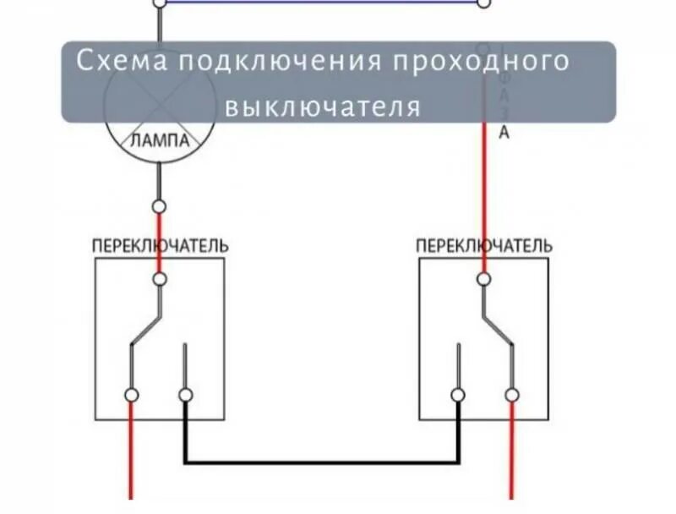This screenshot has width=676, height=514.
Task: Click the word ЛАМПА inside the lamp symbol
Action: pyautogui.click(x=159, y=142)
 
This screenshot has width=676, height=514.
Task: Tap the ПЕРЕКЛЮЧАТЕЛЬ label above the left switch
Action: pyautogui.click(x=160, y=245)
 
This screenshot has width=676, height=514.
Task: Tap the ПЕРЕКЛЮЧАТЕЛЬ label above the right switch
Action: pyautogui.click(x=484, y=245)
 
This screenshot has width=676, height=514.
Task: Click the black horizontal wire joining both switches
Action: pyautogui.click(x=322, y=462)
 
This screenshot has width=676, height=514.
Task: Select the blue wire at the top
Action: pyautogui.click(x=321, y=2)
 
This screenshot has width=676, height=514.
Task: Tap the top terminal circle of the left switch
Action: pyautogui.click(x=159, y=277)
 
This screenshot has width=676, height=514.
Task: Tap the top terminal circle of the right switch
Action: pyautogui.click(x=483, y=277)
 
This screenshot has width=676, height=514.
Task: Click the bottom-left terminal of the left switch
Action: pyautogui.click(x=131, y=395)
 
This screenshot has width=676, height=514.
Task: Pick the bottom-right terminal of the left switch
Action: pyautogui.click(x=186, y=395)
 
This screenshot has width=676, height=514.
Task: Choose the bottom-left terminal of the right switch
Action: pyautogui.click(x=457, y=395)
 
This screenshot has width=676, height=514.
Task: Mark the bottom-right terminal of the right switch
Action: pyautogui.click(x=511, y=395)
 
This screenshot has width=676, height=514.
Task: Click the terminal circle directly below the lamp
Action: pyautogui.click(x=159, y=206)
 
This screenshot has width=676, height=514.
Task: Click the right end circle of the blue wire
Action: pyautogui.click(x=484, y=3)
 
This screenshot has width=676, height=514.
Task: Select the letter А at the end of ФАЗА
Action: pyautogui.click(x=504, y=132)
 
